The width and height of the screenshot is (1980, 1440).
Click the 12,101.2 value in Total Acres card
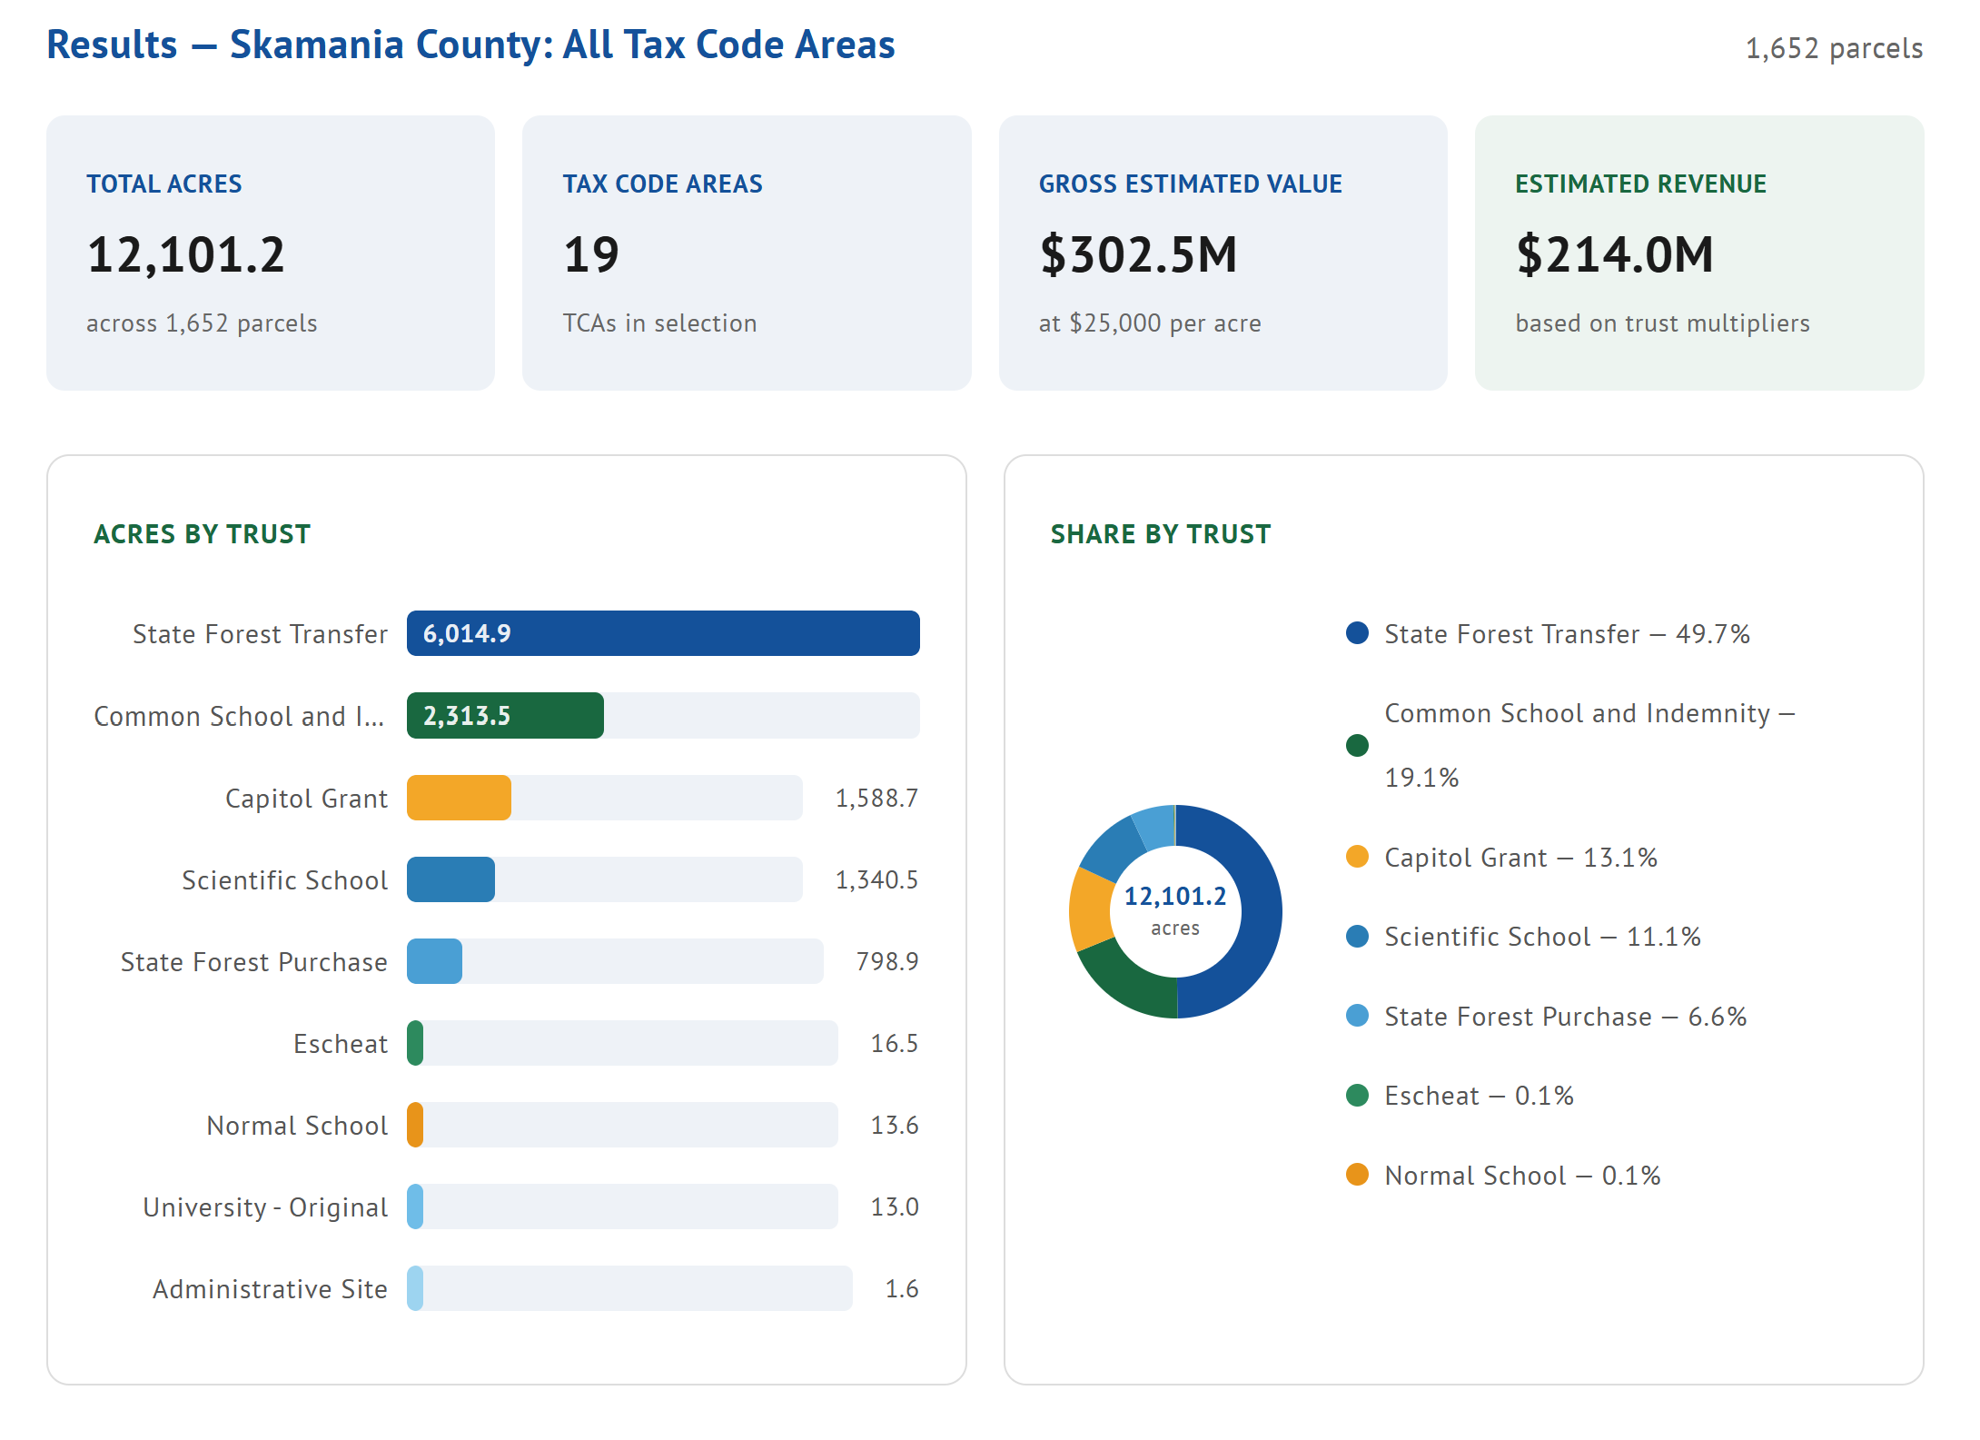pos(186,254)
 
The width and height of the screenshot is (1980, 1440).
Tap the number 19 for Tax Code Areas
pos(591,254)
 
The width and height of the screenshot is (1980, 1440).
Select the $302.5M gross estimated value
pos(1138,254)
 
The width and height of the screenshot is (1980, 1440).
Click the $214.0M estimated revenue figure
pos(1615,254)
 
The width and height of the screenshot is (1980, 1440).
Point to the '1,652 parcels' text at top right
pos(1834,48)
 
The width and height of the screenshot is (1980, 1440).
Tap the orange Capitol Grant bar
pos(459,798)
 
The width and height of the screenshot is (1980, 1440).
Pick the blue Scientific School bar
pos(450,879)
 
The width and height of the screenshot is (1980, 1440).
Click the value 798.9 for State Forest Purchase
pos(887,961)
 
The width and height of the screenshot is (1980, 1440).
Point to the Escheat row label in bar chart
pos(341,1044)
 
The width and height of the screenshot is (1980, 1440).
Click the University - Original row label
pos(265,1207)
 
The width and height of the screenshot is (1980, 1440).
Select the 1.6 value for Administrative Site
pos(902,1289)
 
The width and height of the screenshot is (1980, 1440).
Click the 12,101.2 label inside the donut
pos(1175,897)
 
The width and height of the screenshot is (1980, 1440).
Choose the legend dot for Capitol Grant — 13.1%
pos(1357,857)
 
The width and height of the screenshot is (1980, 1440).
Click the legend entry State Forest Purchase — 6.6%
pos(1565,1017)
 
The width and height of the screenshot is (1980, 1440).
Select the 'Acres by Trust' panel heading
pos(202,534)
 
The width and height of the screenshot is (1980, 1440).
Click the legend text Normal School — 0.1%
pos(1522,1176)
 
